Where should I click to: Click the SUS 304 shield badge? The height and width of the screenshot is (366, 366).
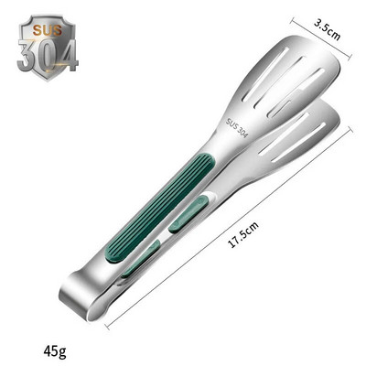tap(47, 48)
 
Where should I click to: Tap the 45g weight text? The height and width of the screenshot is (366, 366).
tap(54, 350)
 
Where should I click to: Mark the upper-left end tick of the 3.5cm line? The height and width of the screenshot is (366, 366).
tap(293, 20)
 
